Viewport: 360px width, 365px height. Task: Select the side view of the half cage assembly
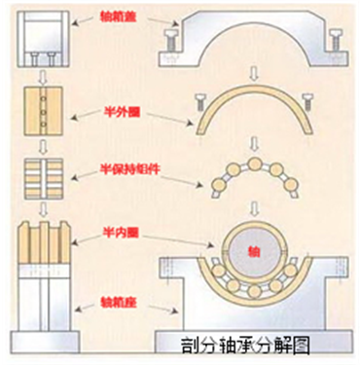[x=42, y=172]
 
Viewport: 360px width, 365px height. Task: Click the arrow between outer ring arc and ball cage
[x=254, y=135]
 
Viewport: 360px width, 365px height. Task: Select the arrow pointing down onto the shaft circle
[x=254, y=205]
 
